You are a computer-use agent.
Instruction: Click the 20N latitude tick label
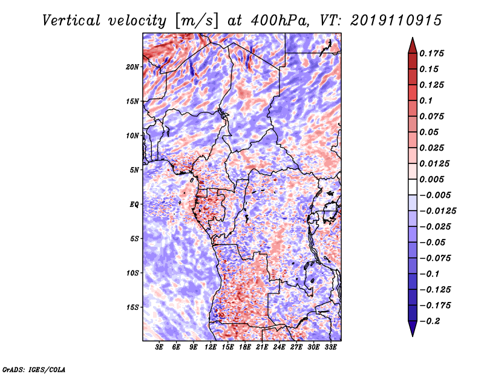tap(132, 67)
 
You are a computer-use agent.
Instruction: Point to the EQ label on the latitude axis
tap(134, 205)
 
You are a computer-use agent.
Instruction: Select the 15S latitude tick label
tap(132, 307)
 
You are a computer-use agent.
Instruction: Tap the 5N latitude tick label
tap(134, 170)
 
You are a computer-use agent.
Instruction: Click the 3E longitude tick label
tap(159, 348)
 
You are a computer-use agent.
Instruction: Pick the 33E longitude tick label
tap(330, 348)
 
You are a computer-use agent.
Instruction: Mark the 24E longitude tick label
tap(279, 348)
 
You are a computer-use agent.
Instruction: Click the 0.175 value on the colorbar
tap(433, 53)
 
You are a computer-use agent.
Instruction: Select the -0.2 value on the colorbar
tap(433, 321)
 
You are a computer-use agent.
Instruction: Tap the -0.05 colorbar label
tap(433, 242)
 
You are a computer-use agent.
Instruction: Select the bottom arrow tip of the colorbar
tap(411, 335)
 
